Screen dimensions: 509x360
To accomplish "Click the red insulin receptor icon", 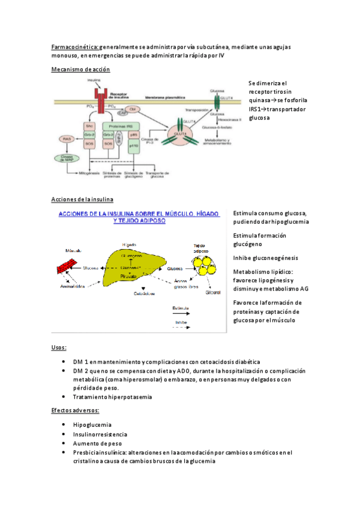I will (99, 96).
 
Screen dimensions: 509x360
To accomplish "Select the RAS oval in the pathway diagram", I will (67, 139).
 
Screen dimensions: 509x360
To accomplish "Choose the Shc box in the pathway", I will (88, 125).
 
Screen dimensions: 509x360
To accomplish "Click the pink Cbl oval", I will (133, 109).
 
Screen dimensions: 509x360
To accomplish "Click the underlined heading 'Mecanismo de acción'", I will (81, 70).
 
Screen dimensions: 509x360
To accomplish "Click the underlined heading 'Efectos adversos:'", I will (76, 411).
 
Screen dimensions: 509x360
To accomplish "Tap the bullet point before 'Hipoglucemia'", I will (64, 424).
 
